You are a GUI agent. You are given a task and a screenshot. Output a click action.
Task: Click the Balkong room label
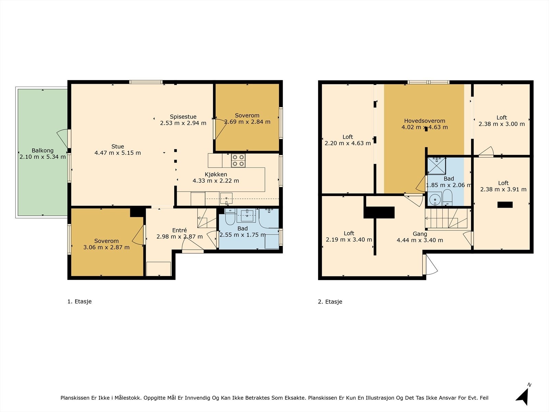[43, 150]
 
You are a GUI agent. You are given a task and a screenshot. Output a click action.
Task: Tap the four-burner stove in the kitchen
[238, 160]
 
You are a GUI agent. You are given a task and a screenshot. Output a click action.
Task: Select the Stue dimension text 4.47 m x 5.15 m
[118, 153]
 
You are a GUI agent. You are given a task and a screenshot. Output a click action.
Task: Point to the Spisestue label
[183, 117]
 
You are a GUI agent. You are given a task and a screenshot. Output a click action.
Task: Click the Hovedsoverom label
[425, 121]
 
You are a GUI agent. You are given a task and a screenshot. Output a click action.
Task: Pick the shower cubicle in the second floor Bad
[436, 165]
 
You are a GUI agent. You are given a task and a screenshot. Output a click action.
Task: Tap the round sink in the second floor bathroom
[435, 199]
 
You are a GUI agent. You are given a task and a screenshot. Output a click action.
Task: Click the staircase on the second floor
[446, 218]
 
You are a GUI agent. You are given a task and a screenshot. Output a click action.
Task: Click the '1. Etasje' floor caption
[80, 301]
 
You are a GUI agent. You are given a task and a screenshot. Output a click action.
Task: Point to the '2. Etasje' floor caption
[330, 302]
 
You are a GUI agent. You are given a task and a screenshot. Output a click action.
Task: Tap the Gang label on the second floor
[420, 234]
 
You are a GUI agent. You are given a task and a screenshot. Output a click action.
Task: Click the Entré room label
[179, 230]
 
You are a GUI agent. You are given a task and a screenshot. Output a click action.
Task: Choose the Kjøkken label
[216, 174]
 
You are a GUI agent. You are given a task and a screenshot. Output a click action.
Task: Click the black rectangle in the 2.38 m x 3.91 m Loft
[505, 205]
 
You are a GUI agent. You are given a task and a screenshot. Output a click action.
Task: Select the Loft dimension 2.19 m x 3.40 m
[349, 240]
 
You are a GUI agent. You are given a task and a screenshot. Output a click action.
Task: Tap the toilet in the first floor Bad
[230, 217]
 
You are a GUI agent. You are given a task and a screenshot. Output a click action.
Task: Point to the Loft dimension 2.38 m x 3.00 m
[502, 124]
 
